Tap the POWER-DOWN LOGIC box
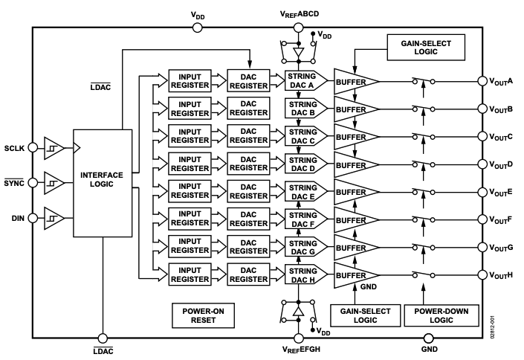433,314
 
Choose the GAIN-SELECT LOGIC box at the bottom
358,314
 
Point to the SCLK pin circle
31,148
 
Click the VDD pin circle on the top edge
197,28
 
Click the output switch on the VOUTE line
422,191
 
